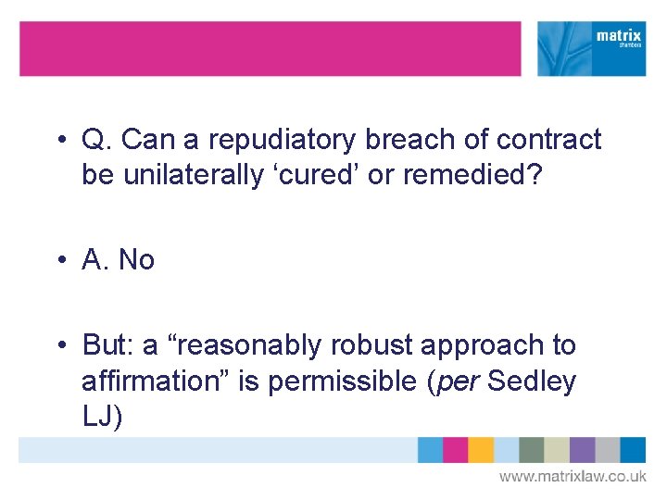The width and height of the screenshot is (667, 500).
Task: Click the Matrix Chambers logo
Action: click(x=592, y=48)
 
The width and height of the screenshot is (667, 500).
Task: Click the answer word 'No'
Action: click(x=136, y=260)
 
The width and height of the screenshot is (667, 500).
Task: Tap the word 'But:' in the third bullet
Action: click(x=108, y=345)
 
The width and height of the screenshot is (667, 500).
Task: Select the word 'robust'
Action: click(x=372, y=345)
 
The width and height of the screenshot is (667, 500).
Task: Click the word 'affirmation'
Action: click(x=157, y=381)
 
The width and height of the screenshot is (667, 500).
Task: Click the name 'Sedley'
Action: click(x=532, y=381)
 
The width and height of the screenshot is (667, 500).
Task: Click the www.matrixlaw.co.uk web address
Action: click(x=573, y=477)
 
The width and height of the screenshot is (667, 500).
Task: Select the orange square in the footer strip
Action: click(x=481, y=450)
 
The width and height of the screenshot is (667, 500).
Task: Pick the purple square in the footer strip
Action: click(x=582, y=450)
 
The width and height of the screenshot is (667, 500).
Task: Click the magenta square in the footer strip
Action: click(x=455, y=450)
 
